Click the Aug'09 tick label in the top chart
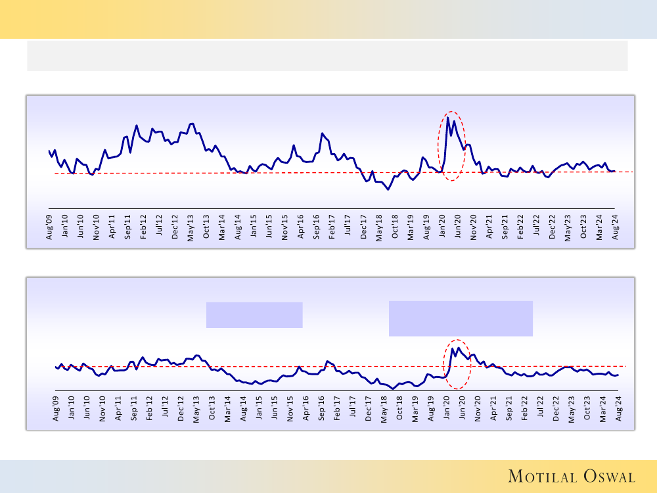(49, 227)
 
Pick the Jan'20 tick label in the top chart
(443, 227)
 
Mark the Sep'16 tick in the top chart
(317, 227)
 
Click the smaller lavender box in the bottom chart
(254, 315)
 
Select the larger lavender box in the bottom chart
(461, 318)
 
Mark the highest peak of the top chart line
(447, 118)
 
